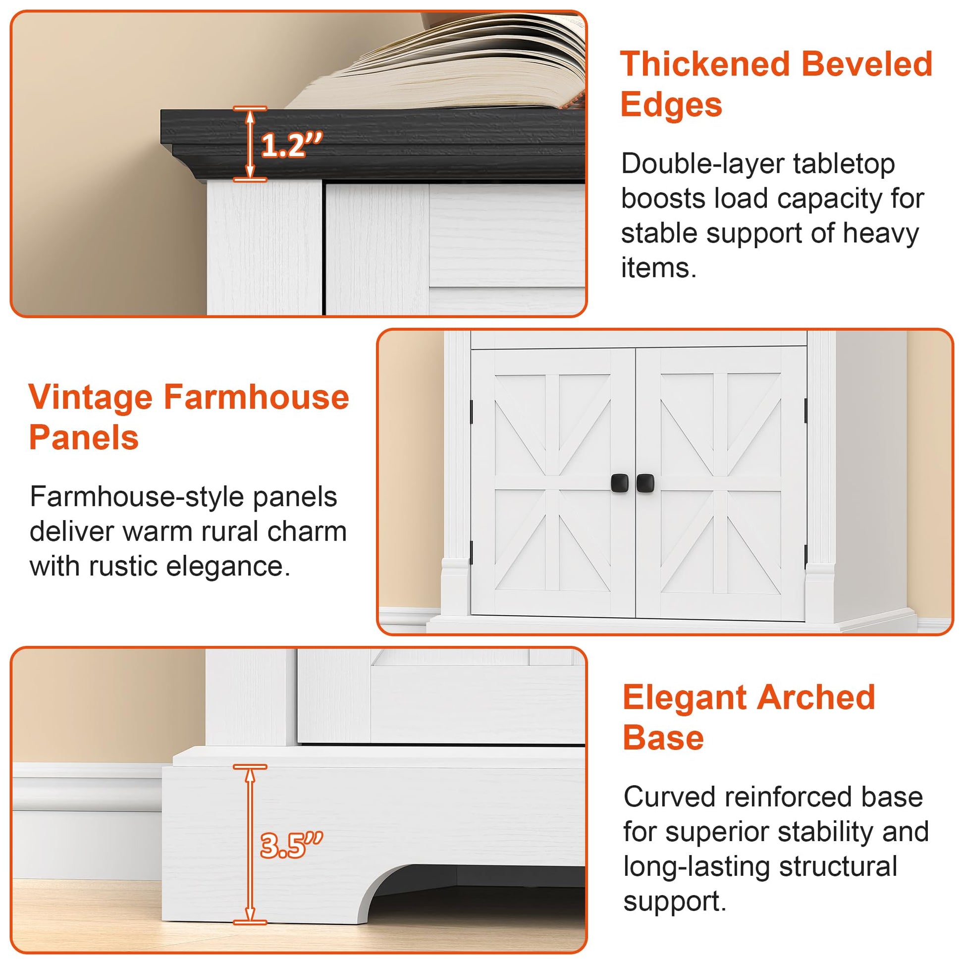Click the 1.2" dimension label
(x=292, y=145)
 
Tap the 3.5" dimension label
(x=292, y=845)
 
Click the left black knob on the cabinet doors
(x=619, y=482)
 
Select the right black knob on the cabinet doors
(x=645, y=482)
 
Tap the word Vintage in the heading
(x=90, y=398)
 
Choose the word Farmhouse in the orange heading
(x=257, y=397)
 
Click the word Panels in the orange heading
(x=84, y=437)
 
